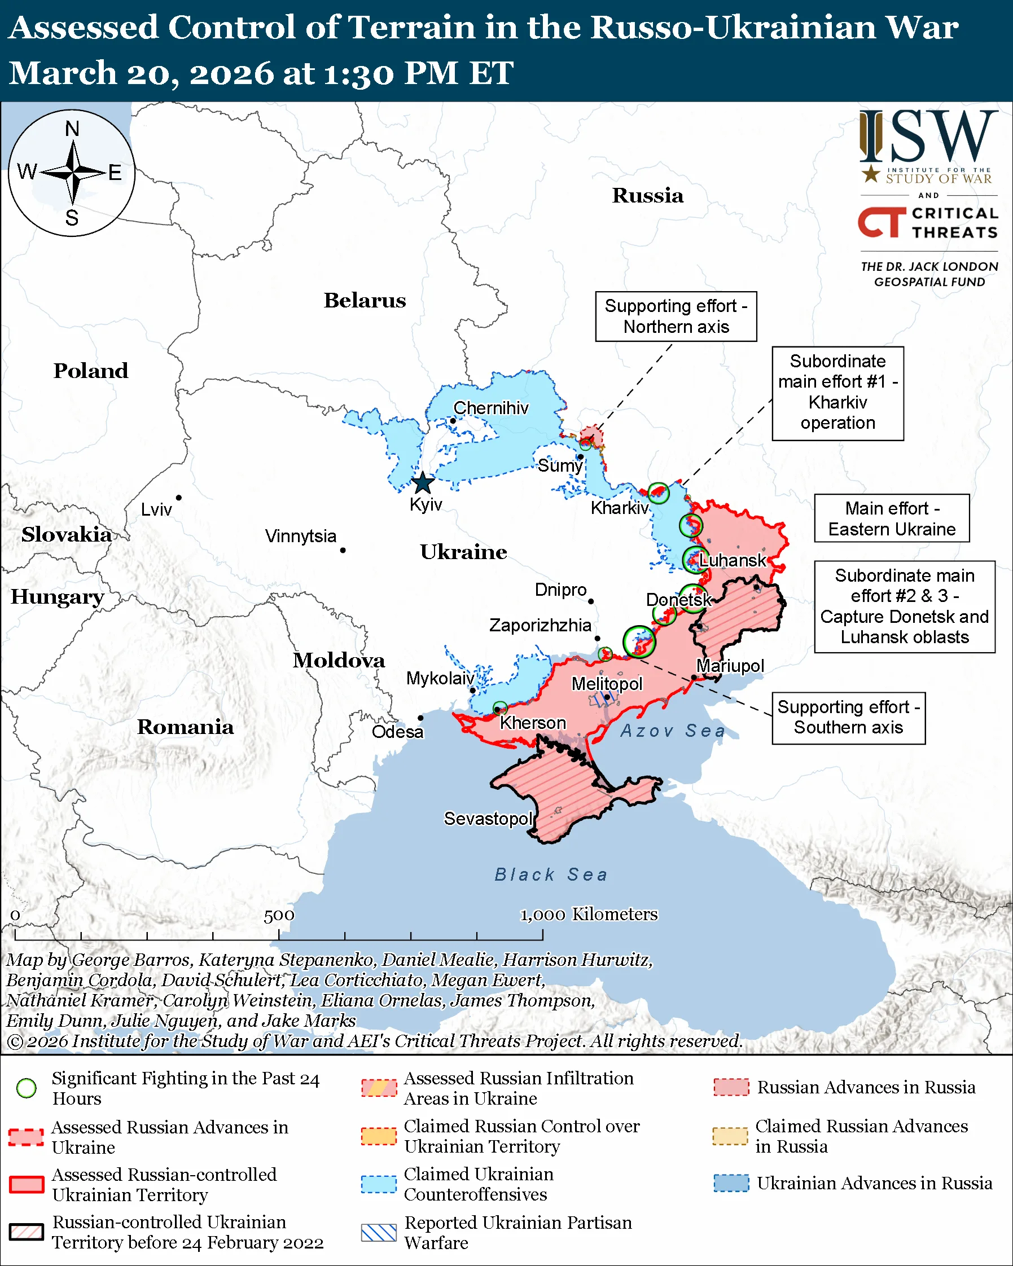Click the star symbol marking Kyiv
tap(423, 484)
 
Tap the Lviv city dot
tap(178, 498)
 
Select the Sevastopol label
tap(488, 818)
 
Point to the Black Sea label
tap(551, 874)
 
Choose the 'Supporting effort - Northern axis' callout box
tap(676, 316)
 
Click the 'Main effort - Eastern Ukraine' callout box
tap(892, 518)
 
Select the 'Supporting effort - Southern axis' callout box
tap(848, 718)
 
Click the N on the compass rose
tap(72, 129)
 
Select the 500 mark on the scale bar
tap(279, 916)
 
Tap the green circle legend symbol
tap(27, 1088)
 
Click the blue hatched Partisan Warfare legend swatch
tap(379, 1233)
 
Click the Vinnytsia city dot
tap(343, 550)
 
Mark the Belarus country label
tap(365, 300)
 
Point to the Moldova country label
tap(339, 660)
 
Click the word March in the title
tap(63, 73)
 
